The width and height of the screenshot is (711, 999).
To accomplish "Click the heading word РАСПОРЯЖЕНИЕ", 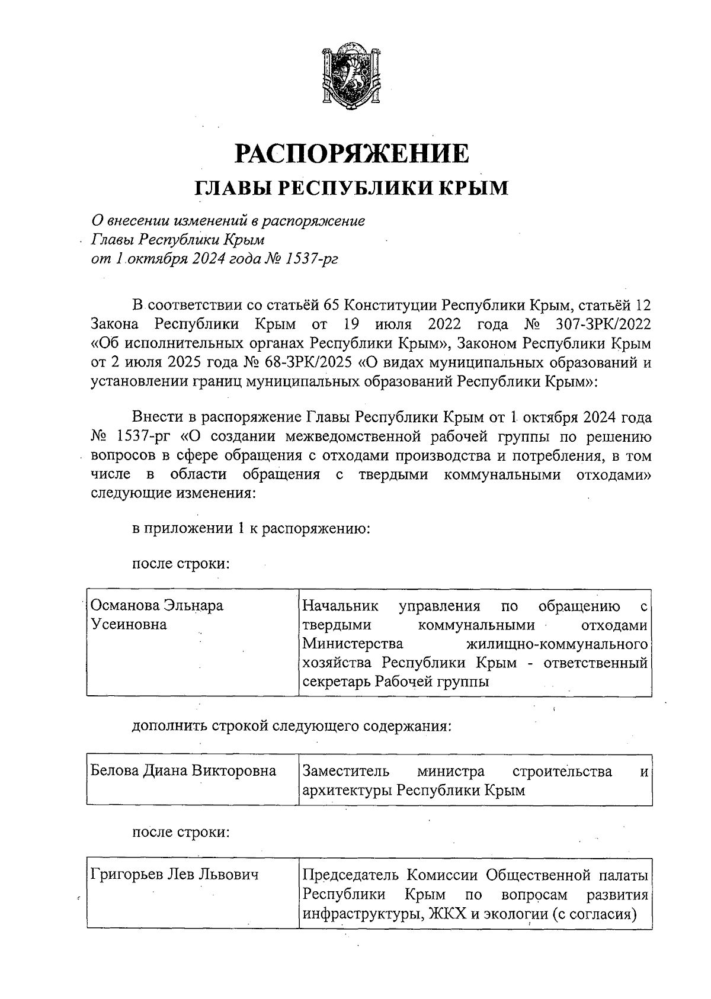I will point(353,153).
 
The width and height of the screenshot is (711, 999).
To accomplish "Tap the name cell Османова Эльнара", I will point(156,606).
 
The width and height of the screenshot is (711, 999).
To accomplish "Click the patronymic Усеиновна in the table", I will point(129,625).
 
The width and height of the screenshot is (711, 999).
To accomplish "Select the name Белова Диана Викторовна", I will point(183,771).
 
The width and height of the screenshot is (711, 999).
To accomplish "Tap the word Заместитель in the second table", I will point(346,772).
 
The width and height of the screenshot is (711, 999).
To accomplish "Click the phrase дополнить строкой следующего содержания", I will point(292,726).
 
